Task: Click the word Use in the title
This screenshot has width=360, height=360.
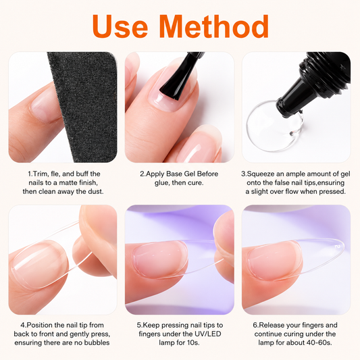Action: (120, 26)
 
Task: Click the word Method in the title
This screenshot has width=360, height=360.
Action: (214, 26)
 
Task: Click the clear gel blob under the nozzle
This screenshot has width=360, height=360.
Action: (274, 126)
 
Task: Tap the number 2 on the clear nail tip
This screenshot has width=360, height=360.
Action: (337, 247)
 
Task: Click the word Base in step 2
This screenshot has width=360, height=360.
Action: (174, 174)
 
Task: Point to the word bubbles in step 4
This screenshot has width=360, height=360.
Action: (97, 342)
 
